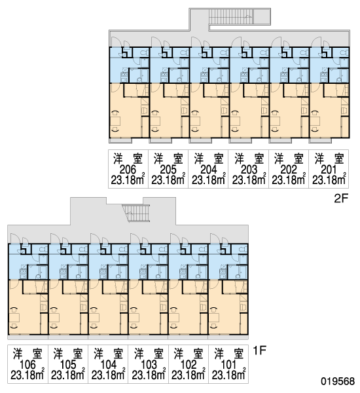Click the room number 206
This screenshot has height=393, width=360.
tap(128, 170)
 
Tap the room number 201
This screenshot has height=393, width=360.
tap(329, 170)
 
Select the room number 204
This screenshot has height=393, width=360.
tap(208, 170)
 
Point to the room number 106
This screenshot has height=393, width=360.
tap(27, 365)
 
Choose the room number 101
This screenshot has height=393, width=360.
tap(228, 365)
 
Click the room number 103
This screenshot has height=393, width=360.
tap(149, 365)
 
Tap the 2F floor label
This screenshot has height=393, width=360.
tap(341, 198)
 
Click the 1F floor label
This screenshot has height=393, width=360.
tap(259, 350)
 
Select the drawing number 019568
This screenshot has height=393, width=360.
tap(338, 381)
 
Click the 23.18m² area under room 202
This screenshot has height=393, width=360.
tap(289, 179)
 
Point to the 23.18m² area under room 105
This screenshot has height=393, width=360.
tap(68, 375)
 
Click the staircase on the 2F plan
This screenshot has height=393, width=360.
tap(231, 16)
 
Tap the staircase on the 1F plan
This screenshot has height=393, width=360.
tap(136, 213)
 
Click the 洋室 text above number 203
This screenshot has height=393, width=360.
tap(249, 159)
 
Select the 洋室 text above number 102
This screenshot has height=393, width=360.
tap(189, 354)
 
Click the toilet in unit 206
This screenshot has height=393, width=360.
tap(144, 53)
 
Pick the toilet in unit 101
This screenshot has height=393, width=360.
tap(243, 249)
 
